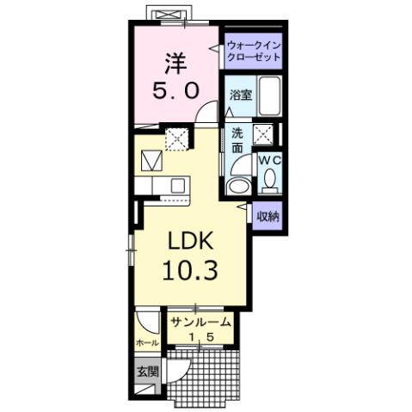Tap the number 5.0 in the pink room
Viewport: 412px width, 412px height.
point(175,89)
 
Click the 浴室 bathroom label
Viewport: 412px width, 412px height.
point(240,96)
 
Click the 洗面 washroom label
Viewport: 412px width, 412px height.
point(237,140)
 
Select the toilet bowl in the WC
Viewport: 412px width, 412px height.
point(270,181)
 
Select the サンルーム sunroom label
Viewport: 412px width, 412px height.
point(200,323)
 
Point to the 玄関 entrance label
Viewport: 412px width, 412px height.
point(146,372)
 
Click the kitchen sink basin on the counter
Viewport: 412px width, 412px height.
point(178,184)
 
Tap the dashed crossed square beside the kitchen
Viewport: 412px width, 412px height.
point(176,138)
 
